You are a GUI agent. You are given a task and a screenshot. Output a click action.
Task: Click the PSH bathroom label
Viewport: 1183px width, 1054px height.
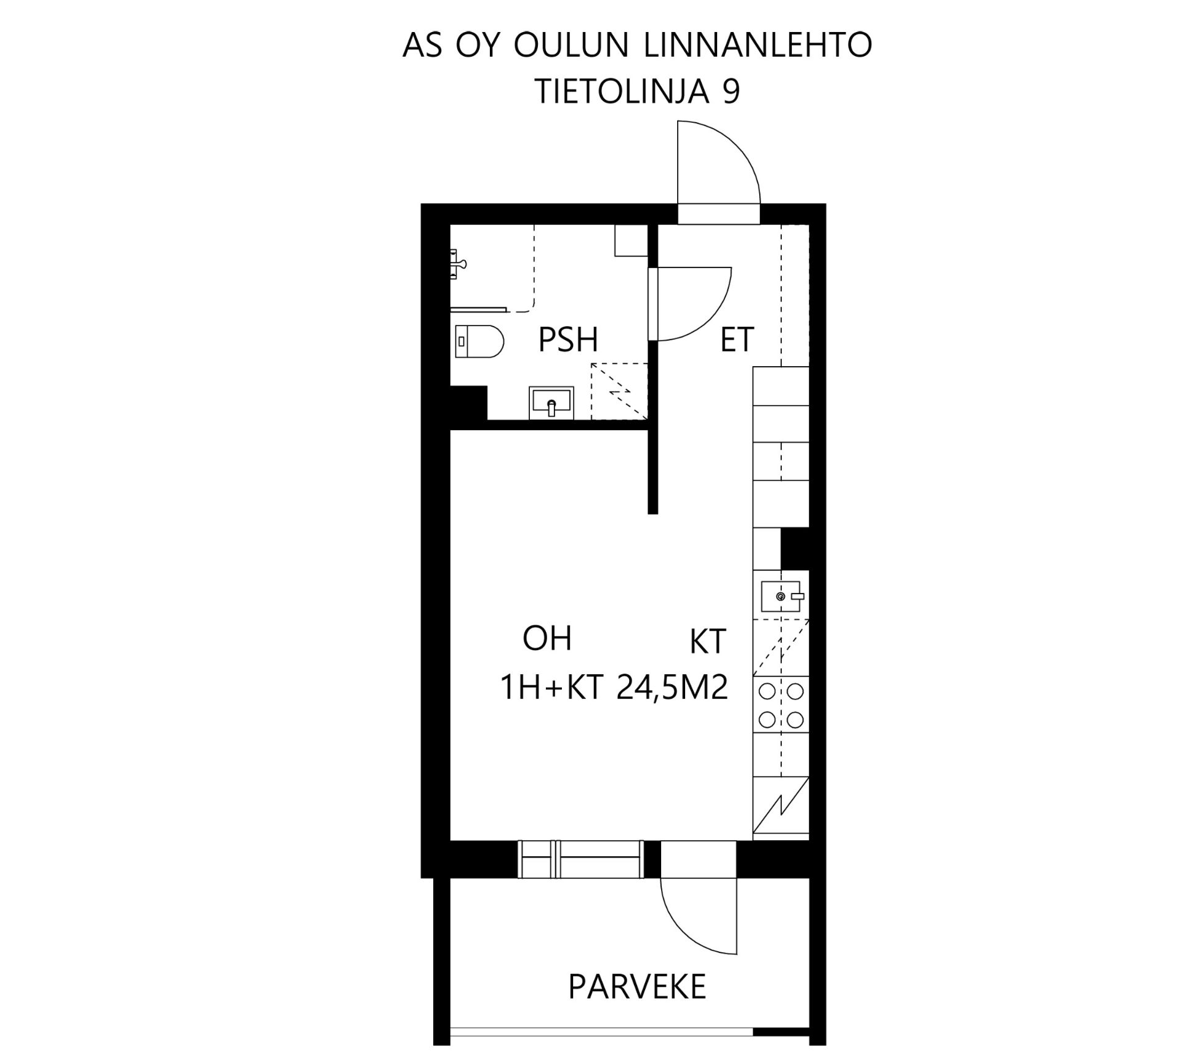coord(568,340)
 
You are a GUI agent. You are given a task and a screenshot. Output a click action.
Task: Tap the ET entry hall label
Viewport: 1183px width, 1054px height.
coord(737,340)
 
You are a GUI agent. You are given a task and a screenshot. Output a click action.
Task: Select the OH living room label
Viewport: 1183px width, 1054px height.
coord(547,639)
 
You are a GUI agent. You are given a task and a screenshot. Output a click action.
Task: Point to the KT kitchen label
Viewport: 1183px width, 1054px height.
coord(708,642)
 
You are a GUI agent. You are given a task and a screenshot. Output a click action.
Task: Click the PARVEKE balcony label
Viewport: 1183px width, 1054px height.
coord(636,987)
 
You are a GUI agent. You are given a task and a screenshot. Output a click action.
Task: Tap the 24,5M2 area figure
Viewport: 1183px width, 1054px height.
coord(672,688)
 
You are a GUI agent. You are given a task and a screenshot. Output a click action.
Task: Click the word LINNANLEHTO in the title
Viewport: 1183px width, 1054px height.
coord(758,46)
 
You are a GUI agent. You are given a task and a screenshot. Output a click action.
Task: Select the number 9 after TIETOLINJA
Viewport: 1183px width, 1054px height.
coord(731,92)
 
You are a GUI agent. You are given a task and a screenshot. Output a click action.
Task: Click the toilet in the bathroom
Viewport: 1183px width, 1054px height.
coord(479,341)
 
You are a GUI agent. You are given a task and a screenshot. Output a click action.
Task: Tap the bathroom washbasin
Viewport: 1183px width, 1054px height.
coord(551,403)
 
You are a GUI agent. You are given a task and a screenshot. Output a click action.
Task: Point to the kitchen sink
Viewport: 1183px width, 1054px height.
coord(781,596)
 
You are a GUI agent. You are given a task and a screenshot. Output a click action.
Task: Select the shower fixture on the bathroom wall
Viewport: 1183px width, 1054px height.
coord(458,264)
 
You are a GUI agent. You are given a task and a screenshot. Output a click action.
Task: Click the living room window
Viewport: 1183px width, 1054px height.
coord(581,859)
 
